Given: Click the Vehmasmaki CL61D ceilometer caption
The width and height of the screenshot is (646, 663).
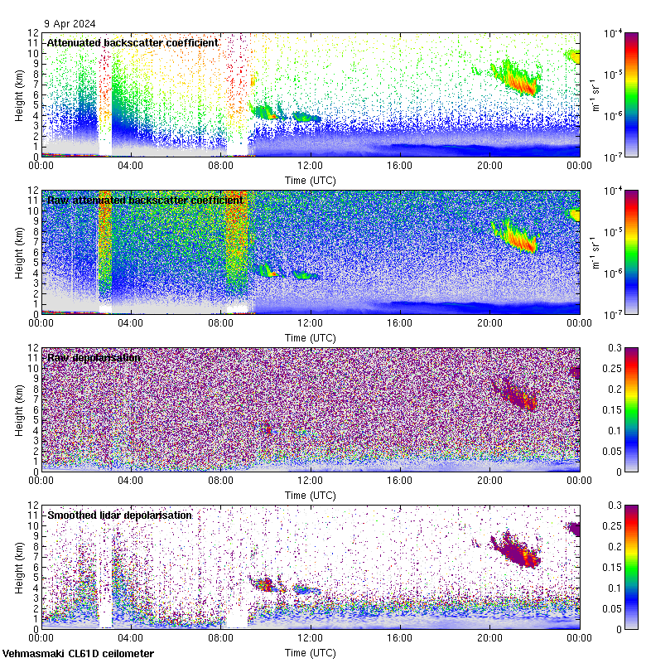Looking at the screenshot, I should [78, 654].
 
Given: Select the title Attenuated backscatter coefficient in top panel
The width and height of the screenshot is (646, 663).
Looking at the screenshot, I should [133, 42].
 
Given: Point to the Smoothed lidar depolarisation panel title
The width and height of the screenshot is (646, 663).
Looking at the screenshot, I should [119, 515].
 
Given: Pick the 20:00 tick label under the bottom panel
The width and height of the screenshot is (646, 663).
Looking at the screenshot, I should [489, 638].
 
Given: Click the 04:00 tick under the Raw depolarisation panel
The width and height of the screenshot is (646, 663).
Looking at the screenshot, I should [131, 481].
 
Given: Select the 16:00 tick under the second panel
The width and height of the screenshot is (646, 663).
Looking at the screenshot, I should [399, 323].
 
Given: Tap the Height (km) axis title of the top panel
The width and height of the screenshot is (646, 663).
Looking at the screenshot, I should [19, 94].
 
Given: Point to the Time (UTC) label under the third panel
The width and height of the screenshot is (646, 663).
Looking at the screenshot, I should [310, 495].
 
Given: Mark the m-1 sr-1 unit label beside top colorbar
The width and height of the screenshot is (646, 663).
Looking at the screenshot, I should [595, 94].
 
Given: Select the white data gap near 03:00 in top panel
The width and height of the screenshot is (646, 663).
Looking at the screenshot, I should [105, 108].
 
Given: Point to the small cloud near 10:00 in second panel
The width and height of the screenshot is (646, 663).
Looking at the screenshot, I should [268, 270].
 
